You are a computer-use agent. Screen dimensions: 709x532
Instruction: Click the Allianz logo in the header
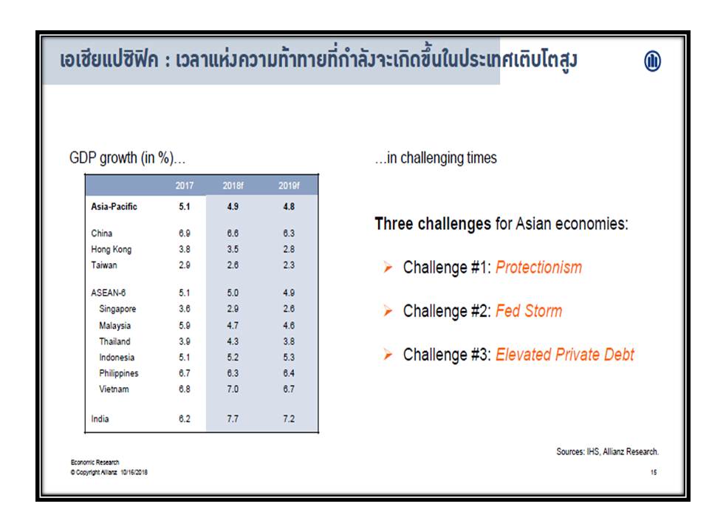coord(652,61)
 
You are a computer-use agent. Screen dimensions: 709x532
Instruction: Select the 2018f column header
coord(233,185)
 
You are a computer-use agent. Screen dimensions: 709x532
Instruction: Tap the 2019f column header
coord(289,185)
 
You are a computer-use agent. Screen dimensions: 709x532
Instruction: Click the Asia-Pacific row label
coord(114,207)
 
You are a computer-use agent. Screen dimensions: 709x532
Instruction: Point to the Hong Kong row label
coord(112,249)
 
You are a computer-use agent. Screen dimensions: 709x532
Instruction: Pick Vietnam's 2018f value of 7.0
coord(233,389)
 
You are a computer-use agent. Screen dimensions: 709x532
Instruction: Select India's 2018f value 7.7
coord(233,419)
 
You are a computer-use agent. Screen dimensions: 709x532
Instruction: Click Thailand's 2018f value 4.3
coord(233,341)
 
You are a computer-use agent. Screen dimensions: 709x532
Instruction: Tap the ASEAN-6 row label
coord(108,293)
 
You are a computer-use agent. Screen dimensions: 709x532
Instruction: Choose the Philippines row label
coord(118,373)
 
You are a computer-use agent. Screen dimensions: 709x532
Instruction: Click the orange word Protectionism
coord(538,267)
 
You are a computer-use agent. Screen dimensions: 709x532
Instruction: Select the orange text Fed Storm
coord(529,311)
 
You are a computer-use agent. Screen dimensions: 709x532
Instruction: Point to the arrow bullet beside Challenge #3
coord(388,354)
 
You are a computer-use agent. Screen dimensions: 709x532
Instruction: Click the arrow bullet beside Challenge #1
coord(388,267)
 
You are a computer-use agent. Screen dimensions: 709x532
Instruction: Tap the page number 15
coord(654,472)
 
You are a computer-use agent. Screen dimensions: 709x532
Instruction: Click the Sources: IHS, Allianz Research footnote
coord(607,451)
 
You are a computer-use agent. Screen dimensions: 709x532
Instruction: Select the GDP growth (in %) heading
coord(127,158)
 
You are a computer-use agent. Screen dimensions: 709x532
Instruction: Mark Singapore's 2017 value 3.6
coord(185,309)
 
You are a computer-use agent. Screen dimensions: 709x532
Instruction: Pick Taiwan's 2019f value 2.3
coord(289,265)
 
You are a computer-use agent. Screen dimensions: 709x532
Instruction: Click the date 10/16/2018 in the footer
coord(134,472)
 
